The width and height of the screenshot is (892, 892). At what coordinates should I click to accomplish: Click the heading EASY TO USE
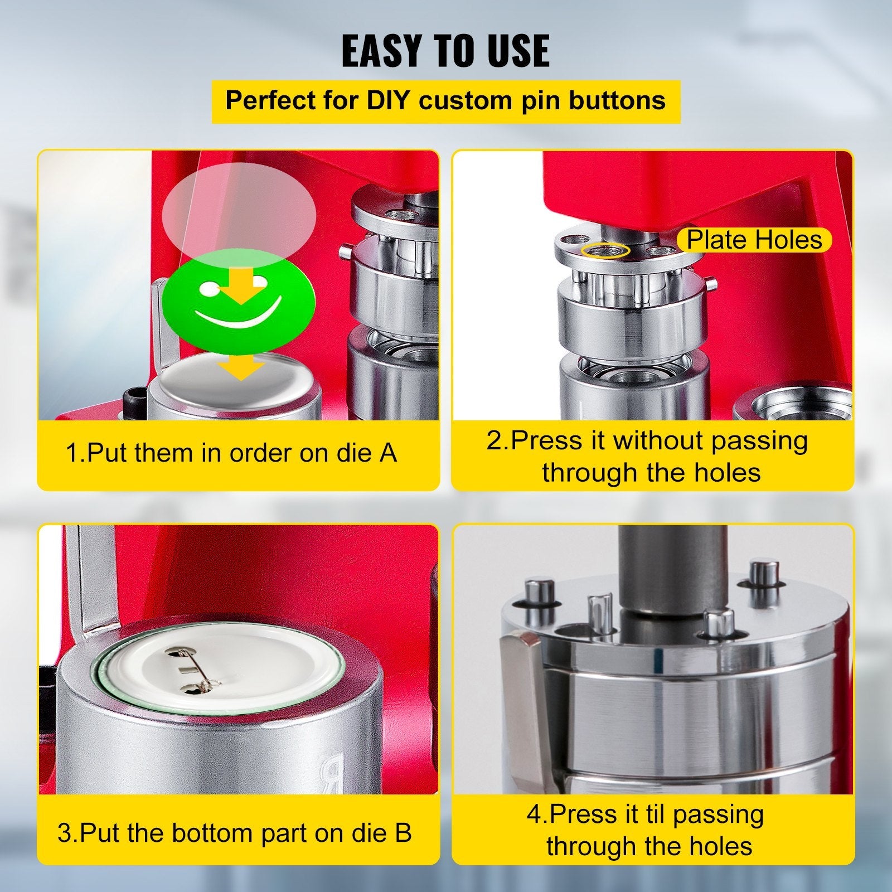445,51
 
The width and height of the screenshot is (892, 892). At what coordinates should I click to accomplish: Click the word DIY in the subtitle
386,101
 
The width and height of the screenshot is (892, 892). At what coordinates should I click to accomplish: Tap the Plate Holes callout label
754,240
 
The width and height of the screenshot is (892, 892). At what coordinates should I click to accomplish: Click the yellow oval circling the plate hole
605,250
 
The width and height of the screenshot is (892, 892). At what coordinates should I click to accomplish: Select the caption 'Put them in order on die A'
231,453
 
